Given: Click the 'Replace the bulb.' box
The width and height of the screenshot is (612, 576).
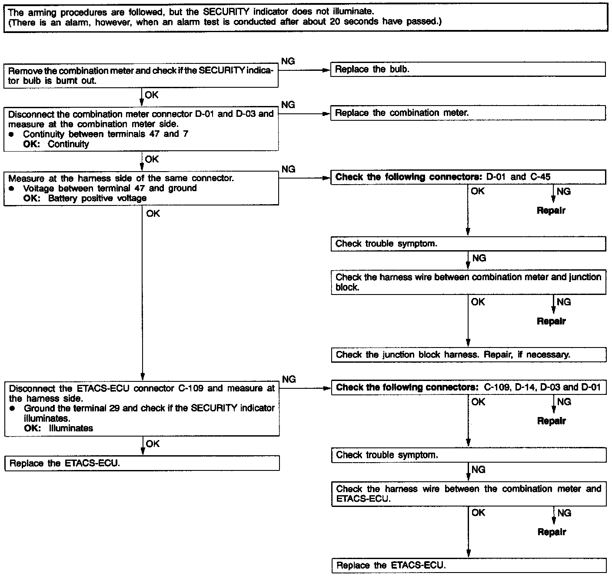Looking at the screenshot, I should click(x=468, y=70).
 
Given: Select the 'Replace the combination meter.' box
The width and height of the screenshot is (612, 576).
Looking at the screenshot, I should click(x=468, y=113).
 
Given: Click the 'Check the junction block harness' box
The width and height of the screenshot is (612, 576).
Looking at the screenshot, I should click(x=468, y=355).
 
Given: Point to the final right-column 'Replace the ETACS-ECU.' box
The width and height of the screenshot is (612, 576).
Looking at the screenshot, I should click(x=468, y=566).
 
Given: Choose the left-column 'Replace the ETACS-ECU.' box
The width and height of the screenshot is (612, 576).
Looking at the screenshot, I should click(x=142, y=463).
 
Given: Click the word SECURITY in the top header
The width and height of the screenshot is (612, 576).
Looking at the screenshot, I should click(x=226, y=12).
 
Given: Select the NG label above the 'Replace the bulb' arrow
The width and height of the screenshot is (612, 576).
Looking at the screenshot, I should click(x=288, y=61).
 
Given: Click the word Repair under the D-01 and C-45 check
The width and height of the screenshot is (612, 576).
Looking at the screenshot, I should click(x=551, y=211).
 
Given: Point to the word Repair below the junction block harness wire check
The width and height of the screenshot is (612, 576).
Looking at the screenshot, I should click(x=551, y=321).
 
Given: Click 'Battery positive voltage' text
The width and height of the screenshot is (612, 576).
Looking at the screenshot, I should click(x=97, y=199).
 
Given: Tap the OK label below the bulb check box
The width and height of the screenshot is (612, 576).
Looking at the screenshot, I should click(x=152, y=95).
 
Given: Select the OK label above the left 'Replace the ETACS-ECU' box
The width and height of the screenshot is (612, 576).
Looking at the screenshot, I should click(x=153, y=444).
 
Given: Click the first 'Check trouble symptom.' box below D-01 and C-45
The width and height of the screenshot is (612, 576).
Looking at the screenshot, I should click(x=468, y=244).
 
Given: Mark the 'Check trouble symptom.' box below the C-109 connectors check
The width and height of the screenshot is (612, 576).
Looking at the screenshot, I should click(x=468, y=455).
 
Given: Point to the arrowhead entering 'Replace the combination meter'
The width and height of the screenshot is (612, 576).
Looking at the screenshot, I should click(x=326, y=114).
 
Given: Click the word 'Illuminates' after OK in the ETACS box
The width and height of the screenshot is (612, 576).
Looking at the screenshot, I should click(x=71, y=428).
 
